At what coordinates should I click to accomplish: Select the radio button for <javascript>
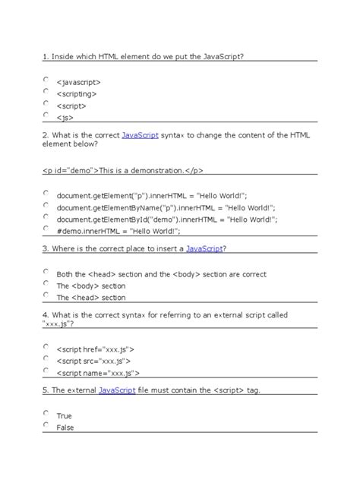pos(46,78)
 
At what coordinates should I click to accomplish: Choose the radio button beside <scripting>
pos(46,91)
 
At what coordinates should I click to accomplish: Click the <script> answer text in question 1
pos(75,106)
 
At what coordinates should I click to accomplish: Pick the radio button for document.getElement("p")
pos(46,193)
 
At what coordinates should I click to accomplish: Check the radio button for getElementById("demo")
pos(46,217)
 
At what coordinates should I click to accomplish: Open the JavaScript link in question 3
pos(204,248)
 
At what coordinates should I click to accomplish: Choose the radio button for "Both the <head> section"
pos(46,271)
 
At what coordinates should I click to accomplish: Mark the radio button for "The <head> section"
pos(46,295)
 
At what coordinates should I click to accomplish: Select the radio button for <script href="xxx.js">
pos(46,347)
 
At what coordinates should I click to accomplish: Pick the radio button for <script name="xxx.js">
pos(46,371)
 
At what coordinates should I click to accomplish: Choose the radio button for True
pos(46,413)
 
